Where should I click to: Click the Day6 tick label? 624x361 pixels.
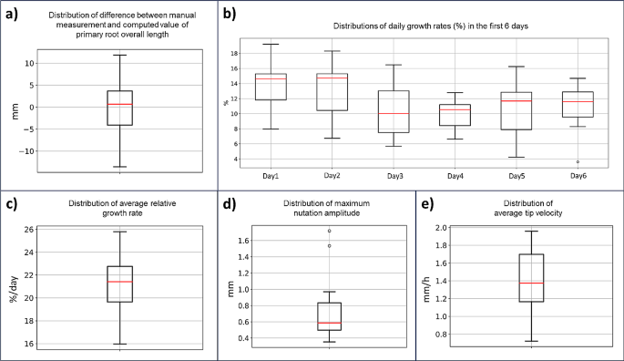(578, 175)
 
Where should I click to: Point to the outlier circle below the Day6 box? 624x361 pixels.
(578, 161)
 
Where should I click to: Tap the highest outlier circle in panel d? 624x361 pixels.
(329, 231)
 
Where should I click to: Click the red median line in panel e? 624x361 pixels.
(531, 284)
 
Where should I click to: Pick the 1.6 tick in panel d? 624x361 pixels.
(242, 241)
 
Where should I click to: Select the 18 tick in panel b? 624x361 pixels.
(232, 54)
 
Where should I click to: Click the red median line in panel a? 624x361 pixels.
(119, 104)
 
